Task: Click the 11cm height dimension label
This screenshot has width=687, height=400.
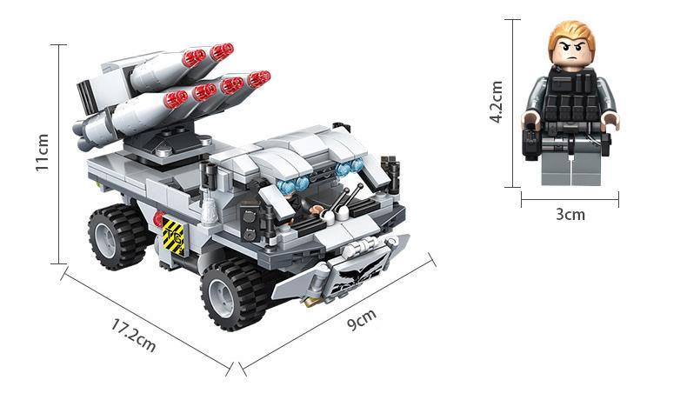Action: coord(43,153)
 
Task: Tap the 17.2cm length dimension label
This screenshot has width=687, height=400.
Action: coord(133,335)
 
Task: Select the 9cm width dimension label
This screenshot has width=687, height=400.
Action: coord(362,319)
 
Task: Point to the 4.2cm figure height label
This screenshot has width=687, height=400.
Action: coord(497,102)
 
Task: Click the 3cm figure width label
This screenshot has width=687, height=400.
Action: coord(570,214)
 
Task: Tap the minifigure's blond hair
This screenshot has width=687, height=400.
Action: coord(571,35)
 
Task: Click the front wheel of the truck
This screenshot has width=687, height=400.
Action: coord(234,293)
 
